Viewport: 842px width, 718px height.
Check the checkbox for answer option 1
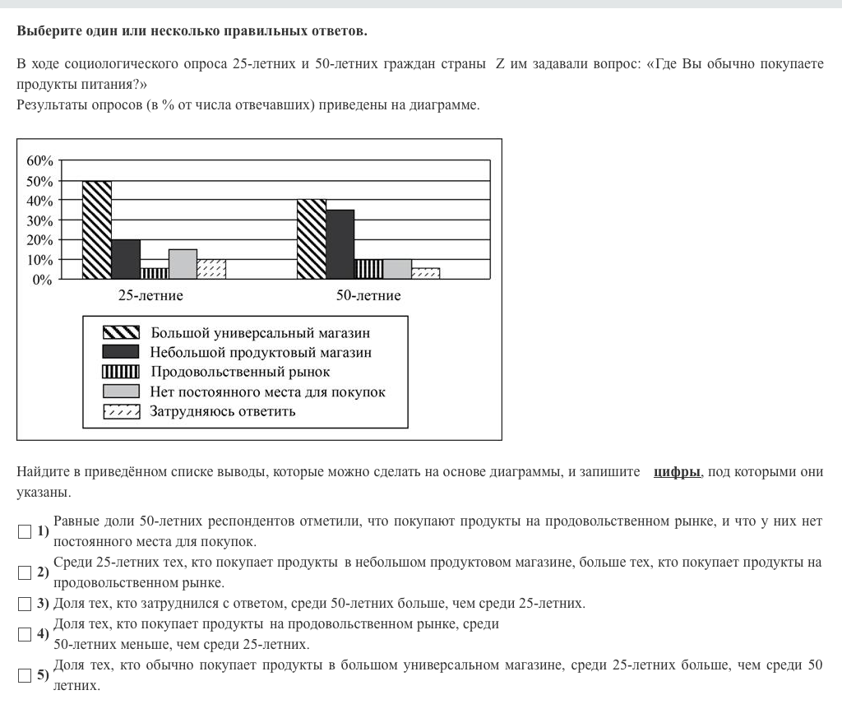point(25,531)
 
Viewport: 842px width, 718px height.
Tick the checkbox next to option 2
point(25,572)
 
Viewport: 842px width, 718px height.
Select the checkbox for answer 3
point(25,604)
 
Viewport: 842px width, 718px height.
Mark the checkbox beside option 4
point(25,634)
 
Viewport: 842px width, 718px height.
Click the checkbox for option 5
point(25,675)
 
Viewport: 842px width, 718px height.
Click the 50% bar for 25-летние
point(97,230)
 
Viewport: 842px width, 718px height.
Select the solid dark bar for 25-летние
point(126,260)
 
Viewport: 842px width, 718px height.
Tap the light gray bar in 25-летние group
point(183,264)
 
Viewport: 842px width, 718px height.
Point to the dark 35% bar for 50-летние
point(340,244)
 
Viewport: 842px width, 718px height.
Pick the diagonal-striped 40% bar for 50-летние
point(312,239)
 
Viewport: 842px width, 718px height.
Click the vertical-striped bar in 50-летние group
point(368,269)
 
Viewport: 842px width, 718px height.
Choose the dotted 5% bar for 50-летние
point(425,274)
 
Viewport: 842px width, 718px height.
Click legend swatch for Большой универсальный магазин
point(121,333)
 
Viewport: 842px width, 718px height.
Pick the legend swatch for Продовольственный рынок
point(121,373)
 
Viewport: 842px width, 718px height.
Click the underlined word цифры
point(677,472)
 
